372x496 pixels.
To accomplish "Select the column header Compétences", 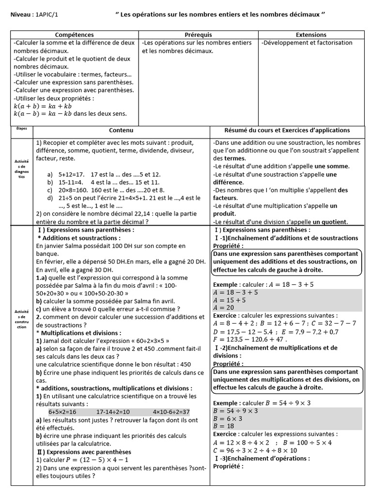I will (x=75, y=35).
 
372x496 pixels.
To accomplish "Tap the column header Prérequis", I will (x=198, y=35).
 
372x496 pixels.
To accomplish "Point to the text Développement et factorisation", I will (x=307, y=43).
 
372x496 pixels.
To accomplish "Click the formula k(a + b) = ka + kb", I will (x=43, y=106).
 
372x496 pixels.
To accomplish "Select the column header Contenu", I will (x=121, y=130).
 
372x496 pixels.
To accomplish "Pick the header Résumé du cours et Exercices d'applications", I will (x=287, y=130).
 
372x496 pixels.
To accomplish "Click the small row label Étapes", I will (x=22, y=129).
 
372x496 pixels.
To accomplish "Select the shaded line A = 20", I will (x=224, y=308).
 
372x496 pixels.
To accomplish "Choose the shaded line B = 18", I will (x=223, y=426).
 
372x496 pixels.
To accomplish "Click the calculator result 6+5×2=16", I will (x=62, y=412).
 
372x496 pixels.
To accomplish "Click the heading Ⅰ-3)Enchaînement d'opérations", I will (x=261, y=458).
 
